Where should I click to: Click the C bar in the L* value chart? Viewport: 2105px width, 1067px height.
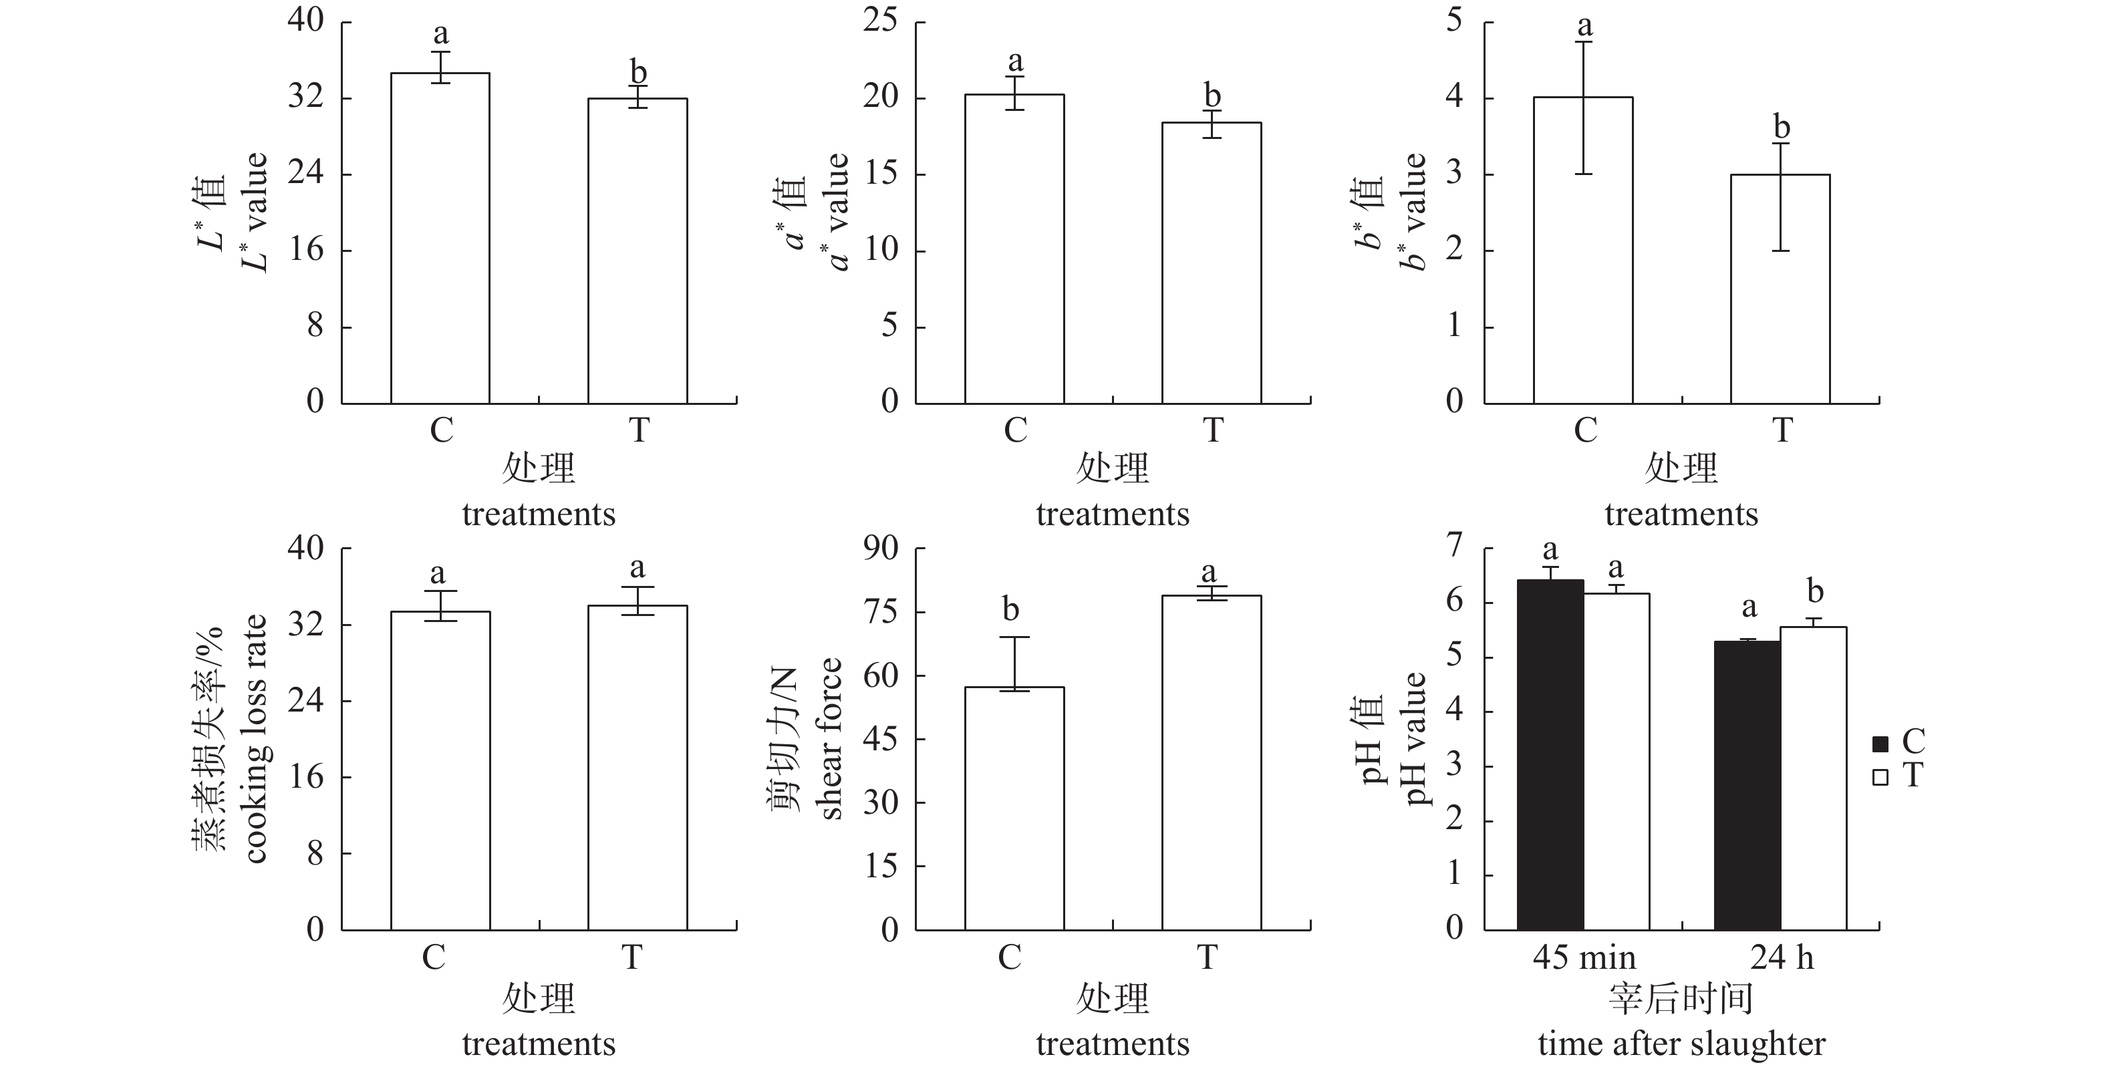click(440, 238)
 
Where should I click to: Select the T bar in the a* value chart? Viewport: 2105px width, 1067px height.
click(1211, 263)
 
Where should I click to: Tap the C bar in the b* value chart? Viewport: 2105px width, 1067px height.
click(1583, 250)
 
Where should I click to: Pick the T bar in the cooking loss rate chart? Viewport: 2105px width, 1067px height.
click(638, 767)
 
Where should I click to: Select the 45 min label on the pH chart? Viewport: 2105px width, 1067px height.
click(1584, 957)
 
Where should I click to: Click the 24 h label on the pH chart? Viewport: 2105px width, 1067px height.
click(1782, 957)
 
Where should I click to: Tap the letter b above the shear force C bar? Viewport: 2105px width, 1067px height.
click(1011, 609)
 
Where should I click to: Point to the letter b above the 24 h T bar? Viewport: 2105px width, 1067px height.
click(1815, 591)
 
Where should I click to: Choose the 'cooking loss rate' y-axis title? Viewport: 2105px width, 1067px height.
click(256, 738)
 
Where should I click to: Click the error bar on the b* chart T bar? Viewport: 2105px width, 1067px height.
click(1781, 197)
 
